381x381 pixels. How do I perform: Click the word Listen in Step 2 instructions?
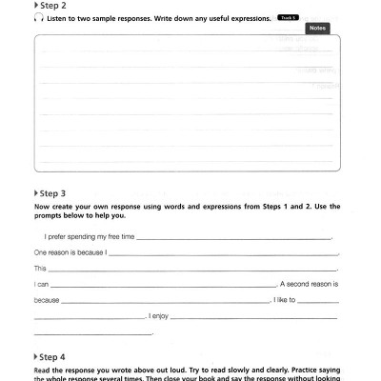[x=54, y=18]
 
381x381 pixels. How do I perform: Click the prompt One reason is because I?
[x=70, y=253]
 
